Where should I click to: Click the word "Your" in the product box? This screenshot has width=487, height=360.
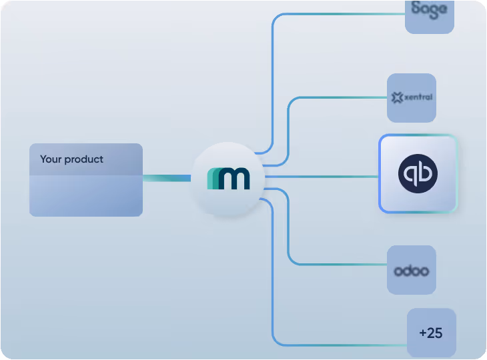pyautogui.click(x=51, y=159)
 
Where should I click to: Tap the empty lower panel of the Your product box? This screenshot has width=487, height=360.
pyautogui.click(x=85, y=196)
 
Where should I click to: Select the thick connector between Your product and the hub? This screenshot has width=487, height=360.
pyautogui.click(x=167, y=178)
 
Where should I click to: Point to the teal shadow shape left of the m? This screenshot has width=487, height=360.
pyautogui.click(x=212, y=179)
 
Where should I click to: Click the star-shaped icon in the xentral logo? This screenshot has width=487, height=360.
pyautogui.click(x=398, y=98)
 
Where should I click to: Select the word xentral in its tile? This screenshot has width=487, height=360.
pyautogui.click(x=418, y=97)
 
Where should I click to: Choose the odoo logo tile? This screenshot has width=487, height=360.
pyautogui.click(x=411, y=271)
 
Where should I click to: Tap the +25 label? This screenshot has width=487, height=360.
pyautogui.click(x=431, y=333)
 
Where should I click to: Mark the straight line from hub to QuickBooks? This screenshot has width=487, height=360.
pyautogui.click(x=320, y=177)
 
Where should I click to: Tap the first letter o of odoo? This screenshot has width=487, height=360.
pyautogui.click(x=398, y=271)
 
